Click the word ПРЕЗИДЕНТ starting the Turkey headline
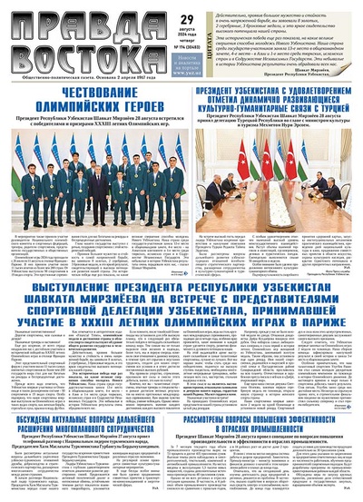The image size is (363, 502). click(x=213, y=93)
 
